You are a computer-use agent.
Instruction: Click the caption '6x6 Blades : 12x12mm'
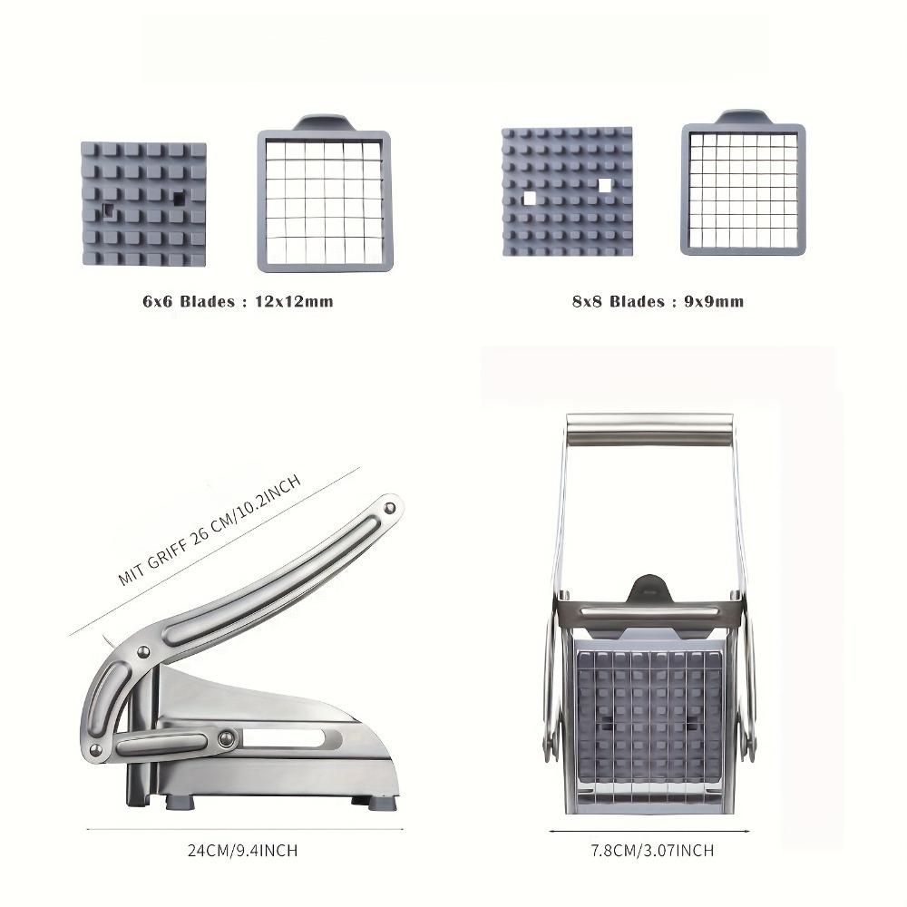[238, 301]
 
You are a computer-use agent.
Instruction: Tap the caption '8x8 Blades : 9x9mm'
[658, 301]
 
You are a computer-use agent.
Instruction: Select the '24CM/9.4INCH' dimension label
[242, 851]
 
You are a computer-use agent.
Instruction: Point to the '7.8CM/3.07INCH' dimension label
[652, 851]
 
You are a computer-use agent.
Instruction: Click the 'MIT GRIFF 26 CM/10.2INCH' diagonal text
[210, 530]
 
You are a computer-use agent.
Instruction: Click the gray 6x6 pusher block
[144, 204]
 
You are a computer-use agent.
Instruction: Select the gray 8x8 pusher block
[567, 191]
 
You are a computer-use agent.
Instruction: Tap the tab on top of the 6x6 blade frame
[324, 122]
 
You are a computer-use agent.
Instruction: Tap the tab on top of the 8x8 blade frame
[744, 116]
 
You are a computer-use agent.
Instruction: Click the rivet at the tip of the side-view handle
[390, 509]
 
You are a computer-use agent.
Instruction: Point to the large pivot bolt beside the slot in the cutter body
[226, 738]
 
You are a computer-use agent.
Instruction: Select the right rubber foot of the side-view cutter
[383, 803]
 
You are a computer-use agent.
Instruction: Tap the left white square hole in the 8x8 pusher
[530, 199]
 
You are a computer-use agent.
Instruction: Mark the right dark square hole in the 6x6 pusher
[180, 199]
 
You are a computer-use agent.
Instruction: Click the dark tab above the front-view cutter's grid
[649, 589]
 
